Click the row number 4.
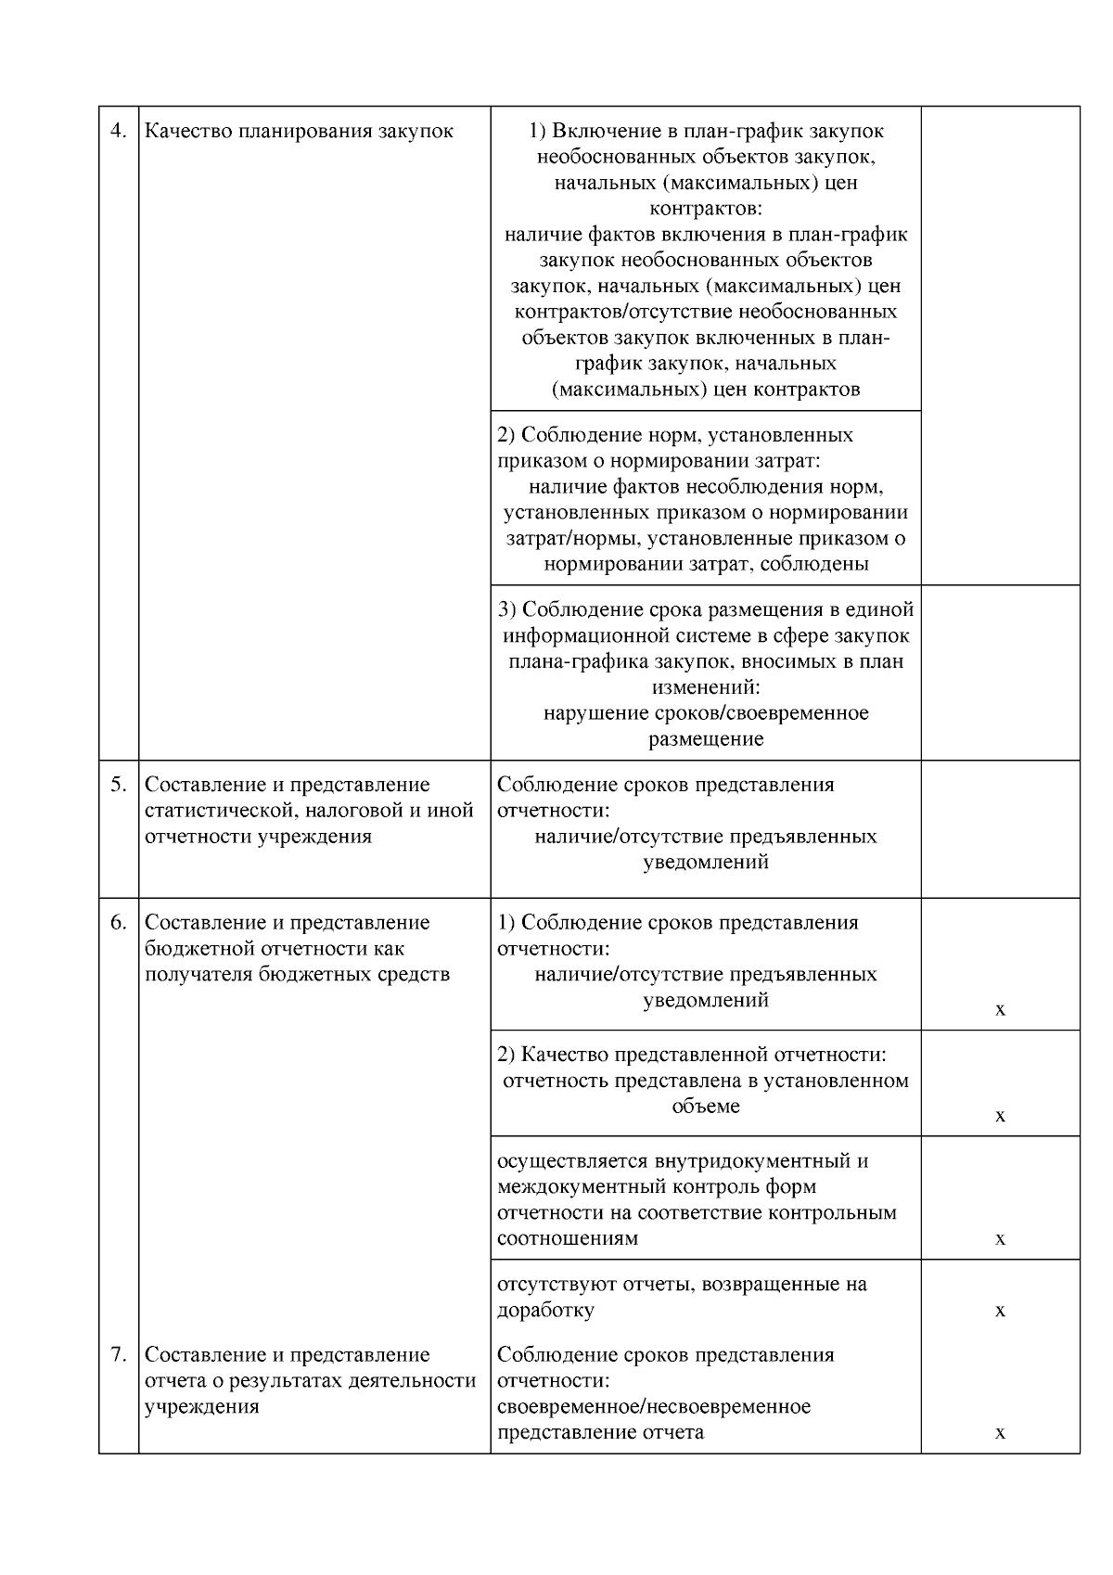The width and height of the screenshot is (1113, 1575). click(x=118, y=131)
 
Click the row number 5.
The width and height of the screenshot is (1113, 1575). click(x=118, y=785)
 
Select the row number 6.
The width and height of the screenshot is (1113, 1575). click(x=118, y=923)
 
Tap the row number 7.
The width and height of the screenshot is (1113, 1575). click(x=118, y=1355)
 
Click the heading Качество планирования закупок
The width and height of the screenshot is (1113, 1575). click(x=299, y=131)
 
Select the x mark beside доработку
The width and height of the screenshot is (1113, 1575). click(x=1000, y=1311)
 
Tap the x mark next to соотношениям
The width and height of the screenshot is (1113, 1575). click(x=1000, y=1239)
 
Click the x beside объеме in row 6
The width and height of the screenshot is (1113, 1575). click(x=1000, y=1116)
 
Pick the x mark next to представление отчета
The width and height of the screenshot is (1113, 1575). click(x=1000, y=1433)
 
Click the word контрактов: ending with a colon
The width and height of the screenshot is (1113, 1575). click(x=706, y=209)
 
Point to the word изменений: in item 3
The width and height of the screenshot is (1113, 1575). click(x=706, y=688)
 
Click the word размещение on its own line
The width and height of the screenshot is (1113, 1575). click(x=706, y=740)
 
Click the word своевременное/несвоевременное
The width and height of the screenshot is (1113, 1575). click(x=654, y=1407)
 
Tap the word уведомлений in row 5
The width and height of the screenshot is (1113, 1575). click(x=706, y=863)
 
